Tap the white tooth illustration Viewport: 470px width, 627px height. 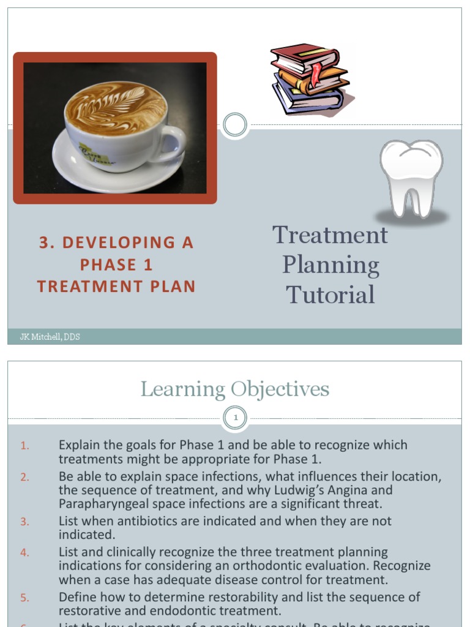pos(411,178)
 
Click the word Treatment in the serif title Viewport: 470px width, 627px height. pos(330,235)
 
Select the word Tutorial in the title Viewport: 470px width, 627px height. pos(330,295)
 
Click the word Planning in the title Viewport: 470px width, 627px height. pos(330,265)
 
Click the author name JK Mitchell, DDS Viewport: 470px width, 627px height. pos(50,337)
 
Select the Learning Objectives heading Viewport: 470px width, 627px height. pos(235,389)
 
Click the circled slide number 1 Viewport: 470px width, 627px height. pos(235,419)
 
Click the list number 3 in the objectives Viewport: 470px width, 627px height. pos(24,522)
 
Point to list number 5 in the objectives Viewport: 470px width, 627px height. pos(24,597)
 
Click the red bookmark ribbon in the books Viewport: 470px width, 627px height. pos(316,73)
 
